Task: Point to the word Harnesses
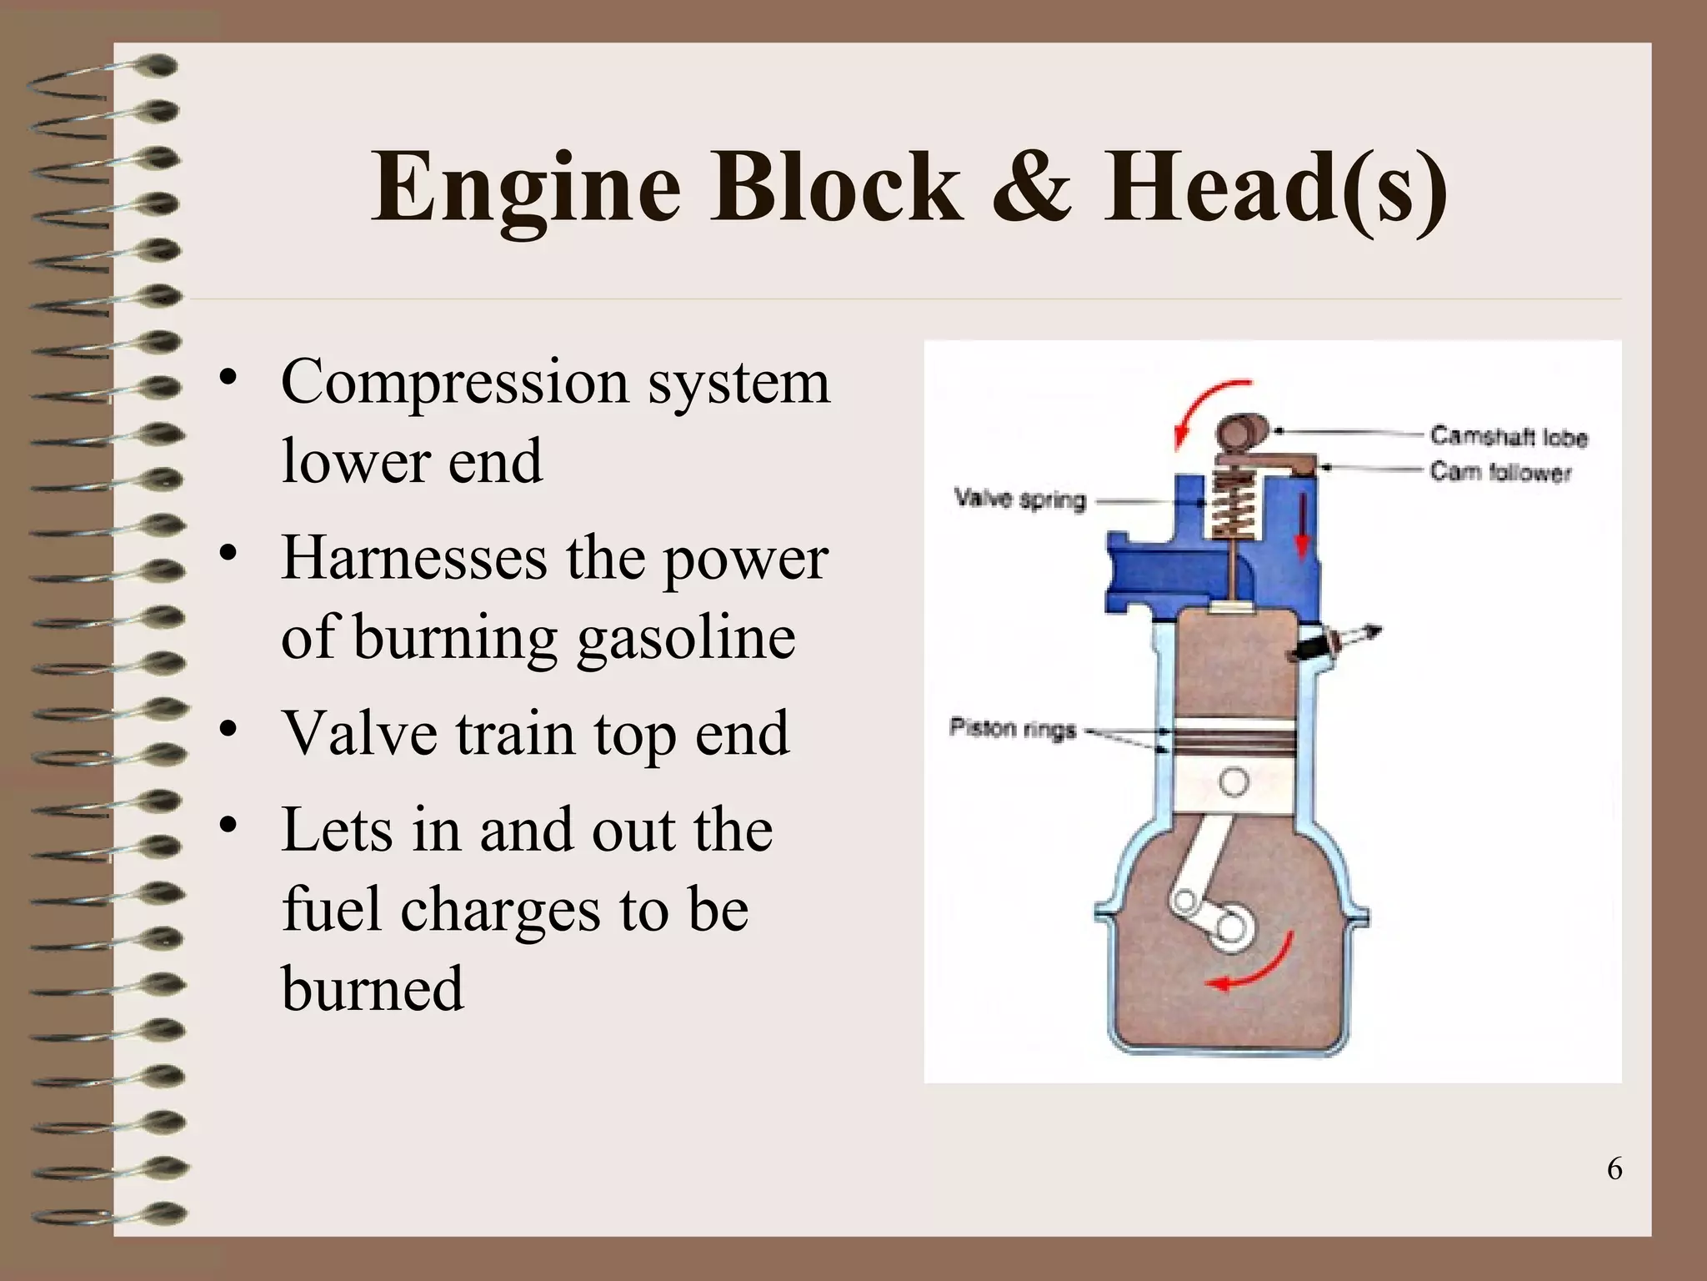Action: click(x=414, y=557)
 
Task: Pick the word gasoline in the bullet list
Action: click(x=686, y=639)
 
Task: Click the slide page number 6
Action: click(x=1614, y=1169)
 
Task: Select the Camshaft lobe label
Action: click(x=1509, y=436)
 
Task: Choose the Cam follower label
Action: click(x=1500, y=472)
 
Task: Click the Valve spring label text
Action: click(x=1020, y=500)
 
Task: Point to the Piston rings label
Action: click(x=1013, y=729)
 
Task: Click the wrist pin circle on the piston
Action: click(x=1233, y=782)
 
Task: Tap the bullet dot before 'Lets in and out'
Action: click(x=226, y=826)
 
